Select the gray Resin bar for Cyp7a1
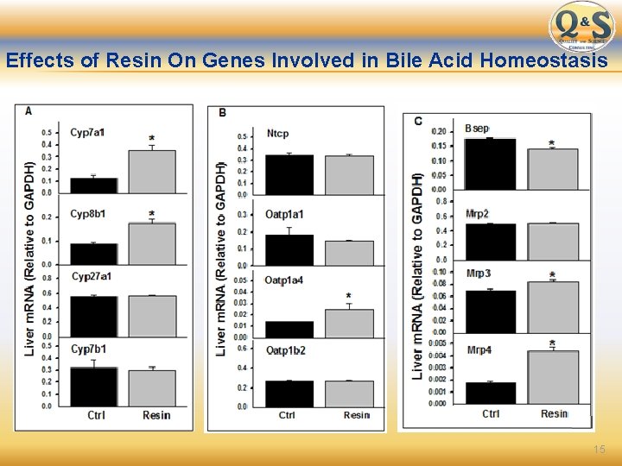pyautogui.click(x=152, y=172)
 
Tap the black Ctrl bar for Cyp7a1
pyautogui.click(x=93, y=186)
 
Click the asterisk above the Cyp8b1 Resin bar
pyautogui.click(x=152, y=214)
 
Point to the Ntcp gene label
pyautogui.click(x=277, y=134)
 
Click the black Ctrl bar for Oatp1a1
pyautogui.click(x=289, y=249)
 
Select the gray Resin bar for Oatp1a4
pyautogui.click(x=349, y=324)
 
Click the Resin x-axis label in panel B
pyautogui.click(x=356, y=415)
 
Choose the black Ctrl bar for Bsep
pyautogui.click(x=490, y=163)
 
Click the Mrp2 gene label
pyautogui.click(x=477, y=212)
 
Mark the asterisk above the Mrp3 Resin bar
pyautogui.click(x=552, y=275)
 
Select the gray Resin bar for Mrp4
pyautogui.click(x=553, y=377)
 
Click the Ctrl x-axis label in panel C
pyautogui.click(x=491, y=413)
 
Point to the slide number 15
pyautogui.click(x=600, y=450)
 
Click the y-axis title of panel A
pyautogui.click(x=29, y=259)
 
